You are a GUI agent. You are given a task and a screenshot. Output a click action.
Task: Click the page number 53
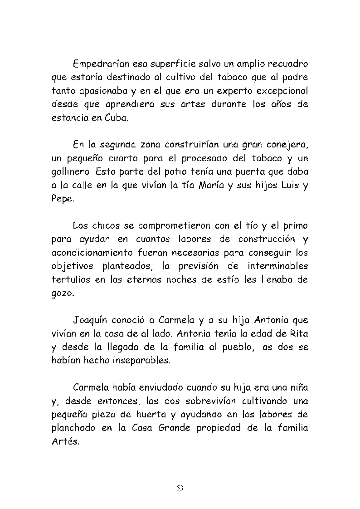tap(180, 488)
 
